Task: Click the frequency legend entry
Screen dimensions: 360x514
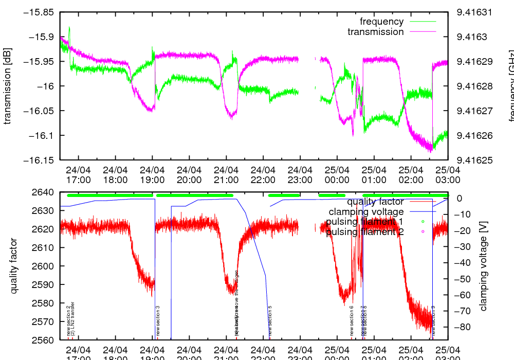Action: (381, 22)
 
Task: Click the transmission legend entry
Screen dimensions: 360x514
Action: (375, 32)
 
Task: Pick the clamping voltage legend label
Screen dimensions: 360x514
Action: (366, 212)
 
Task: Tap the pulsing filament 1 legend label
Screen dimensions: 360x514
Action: (364, 222)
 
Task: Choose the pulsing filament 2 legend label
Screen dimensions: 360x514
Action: (364, 232)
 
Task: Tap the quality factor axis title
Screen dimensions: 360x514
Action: (14, 266)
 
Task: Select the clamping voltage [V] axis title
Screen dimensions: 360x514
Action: (483, 266)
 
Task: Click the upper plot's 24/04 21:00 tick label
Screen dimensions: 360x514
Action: (226, 175)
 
